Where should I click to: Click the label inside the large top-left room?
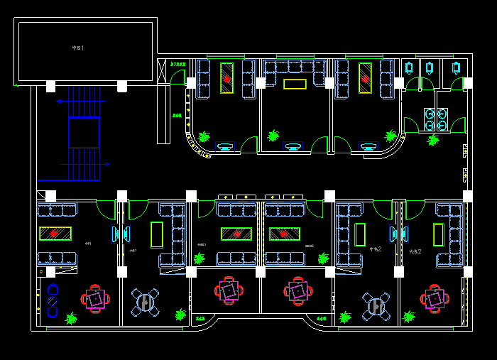coord(78,48)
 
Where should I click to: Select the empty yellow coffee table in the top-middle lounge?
coord(295,84)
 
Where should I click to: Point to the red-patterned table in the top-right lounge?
coord(366,78)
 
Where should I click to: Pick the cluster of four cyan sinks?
coord(435,119)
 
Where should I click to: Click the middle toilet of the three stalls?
coord(430,67)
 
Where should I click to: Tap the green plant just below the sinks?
coord(433,140)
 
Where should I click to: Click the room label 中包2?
coord(376,249)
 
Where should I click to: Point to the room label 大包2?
coord(415,251)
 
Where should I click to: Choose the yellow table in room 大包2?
coord(438,234)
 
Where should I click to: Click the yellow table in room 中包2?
coord(360,234)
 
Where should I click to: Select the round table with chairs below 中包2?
coord(375,305)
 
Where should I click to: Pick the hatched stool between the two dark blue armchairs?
coord(52,300)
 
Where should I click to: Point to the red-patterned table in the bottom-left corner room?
coord(55,233)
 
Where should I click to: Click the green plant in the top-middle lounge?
coord(273,135)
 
